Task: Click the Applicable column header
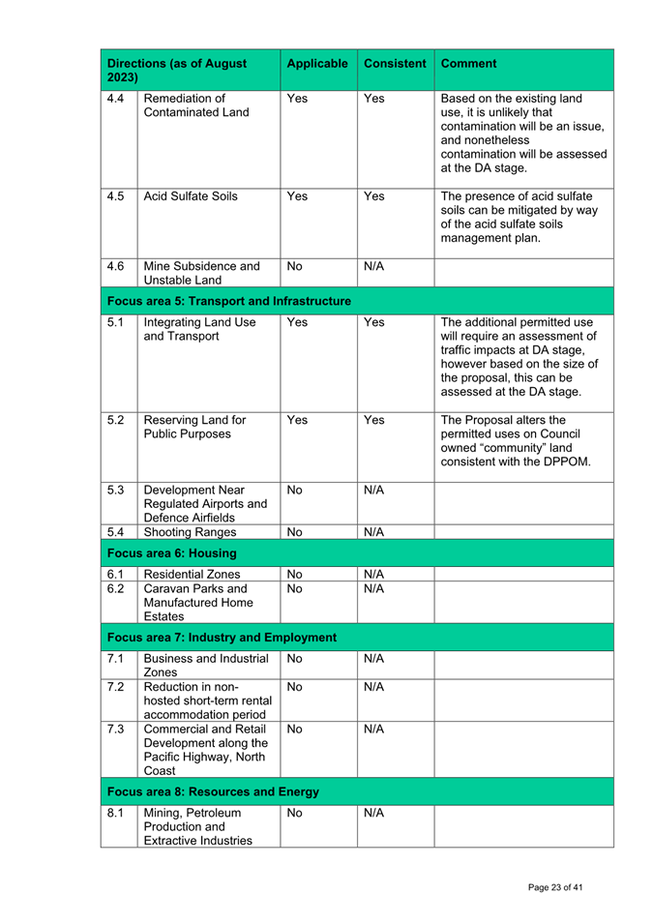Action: point(317,64)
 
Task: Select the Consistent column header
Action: point(395,64)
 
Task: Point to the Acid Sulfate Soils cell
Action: point(190,196)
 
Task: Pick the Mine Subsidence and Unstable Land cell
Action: point(201,273)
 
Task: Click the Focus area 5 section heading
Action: point(229,302)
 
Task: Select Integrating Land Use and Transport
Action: point(199,330)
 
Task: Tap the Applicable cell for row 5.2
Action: point(297,421)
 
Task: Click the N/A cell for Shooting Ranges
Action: point(373,532)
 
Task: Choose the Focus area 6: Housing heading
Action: point(172,552)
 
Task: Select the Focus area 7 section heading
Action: point(222,638)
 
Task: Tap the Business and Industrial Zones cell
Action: point(205,665)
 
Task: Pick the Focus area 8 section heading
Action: point(213,791)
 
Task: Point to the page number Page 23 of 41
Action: point(555,887)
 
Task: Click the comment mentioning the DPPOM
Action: point(517,440)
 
